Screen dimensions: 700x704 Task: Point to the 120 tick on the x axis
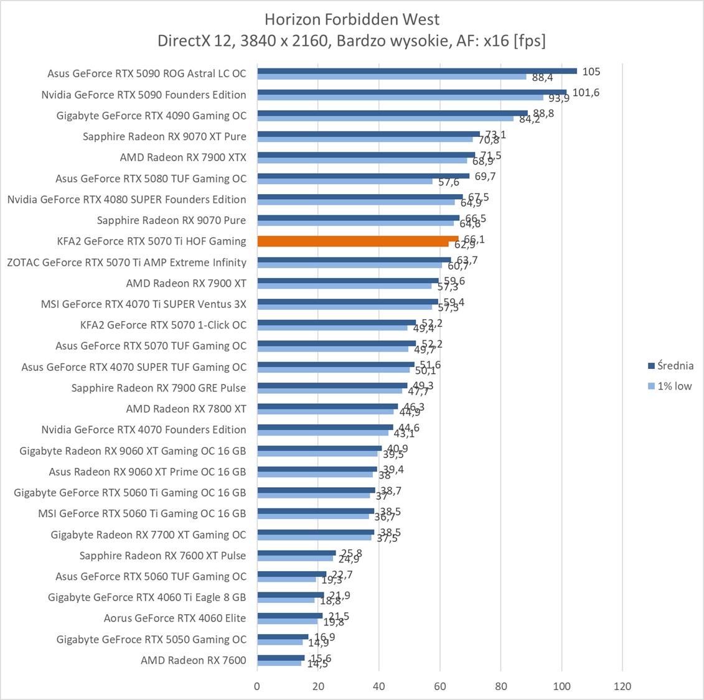pyautogui.click(x=622, y=686)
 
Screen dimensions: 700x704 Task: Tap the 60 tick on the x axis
pyautogui.click(x=440, y=686)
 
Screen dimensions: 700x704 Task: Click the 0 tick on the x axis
pyautogui.click(x=257, y=686)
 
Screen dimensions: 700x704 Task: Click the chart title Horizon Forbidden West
pyautogui.click(x=352, y=19)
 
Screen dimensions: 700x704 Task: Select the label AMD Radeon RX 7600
pyautogui.click(x=193, y=660)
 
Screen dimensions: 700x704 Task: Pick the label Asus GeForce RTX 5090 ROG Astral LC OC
pyautogui.click(x=146, y=73)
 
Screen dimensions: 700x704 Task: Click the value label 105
pyautogui.click(x=591, y=72)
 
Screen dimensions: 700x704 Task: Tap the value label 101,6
pyautogui.click(x=586, y=93)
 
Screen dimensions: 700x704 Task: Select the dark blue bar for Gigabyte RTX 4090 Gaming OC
pyautogui.click(x=392, y=113)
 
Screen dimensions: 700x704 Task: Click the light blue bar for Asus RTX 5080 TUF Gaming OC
pyautogui.click(x=344, y=182)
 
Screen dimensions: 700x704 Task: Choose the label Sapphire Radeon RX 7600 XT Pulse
pyautogui.click(x=162, y=556)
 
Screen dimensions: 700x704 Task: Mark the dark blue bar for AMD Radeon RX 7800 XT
pyautogui.click(x=327, y=406)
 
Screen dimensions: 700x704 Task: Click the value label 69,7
pyautogui.click(x=484, y=177)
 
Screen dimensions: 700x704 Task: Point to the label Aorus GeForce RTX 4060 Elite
pyautogui.click(x=175, y=618)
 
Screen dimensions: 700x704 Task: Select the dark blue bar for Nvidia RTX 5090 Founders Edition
pyautogui.click(x=411, y=91)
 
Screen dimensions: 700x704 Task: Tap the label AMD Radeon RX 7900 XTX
pyautogui.click(x=183, y=157)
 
